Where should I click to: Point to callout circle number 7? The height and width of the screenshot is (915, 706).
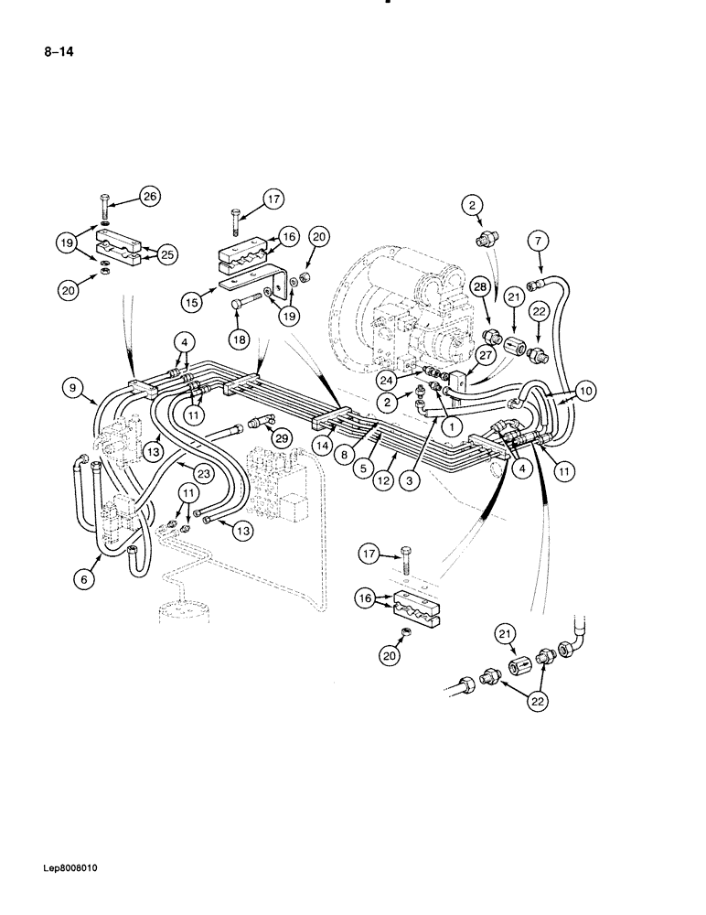pos(538,241)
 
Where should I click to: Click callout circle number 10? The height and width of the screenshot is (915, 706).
pos(585,391)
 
